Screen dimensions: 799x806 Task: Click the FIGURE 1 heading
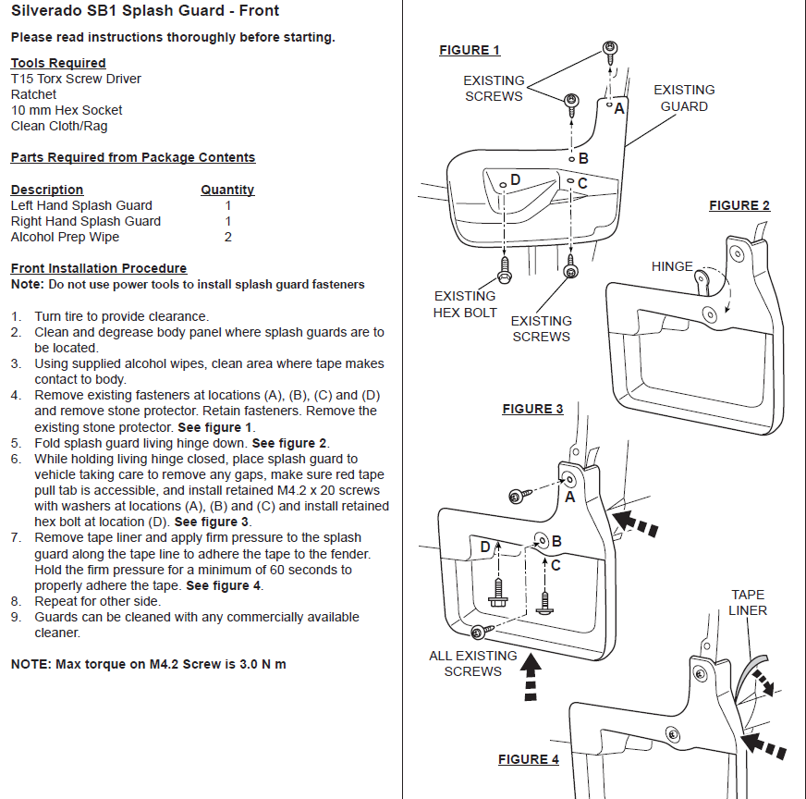point(470,50)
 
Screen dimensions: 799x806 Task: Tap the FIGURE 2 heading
point(739,205)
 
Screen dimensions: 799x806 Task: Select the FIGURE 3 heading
point(532,409)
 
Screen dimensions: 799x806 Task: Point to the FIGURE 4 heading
point(529,759)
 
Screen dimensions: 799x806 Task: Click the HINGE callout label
point(672,266)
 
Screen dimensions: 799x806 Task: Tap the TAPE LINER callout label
point(748,602)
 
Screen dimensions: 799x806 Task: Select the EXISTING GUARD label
point(684,98)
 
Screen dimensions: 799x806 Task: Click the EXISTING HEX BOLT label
point(465,304)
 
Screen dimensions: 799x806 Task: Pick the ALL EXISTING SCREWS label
point(472,663)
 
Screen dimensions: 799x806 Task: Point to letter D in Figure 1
point(515,178)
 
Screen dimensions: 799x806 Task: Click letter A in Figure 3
point(569,497)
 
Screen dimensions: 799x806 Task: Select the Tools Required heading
point(58,63)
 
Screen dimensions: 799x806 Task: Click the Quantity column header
point(227,190)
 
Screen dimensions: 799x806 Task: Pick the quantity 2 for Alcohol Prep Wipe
point(227,237)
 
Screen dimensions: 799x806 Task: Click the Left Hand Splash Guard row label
point(81,205)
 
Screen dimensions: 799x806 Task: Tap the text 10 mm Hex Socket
point(67,110)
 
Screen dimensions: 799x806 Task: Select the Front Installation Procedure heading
point(98,268)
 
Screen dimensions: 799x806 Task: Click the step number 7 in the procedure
point(16,537)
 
